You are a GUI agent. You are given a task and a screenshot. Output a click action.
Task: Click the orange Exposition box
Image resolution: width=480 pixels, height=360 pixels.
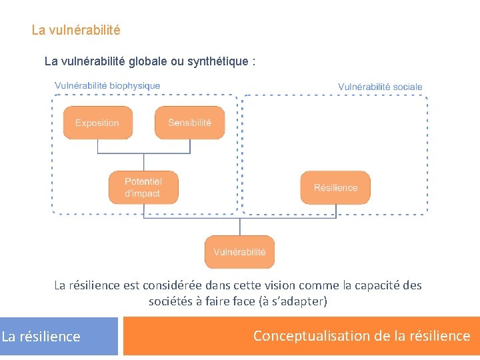(x=97, y=123)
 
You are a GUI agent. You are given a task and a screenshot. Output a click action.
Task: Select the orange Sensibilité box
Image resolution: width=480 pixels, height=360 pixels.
(x=189, y=123)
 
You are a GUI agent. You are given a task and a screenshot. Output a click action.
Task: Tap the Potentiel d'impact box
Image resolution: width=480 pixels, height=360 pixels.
(x=143, y=187)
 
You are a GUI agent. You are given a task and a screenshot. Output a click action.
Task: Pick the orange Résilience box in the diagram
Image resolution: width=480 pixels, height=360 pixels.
(x=335, y=187)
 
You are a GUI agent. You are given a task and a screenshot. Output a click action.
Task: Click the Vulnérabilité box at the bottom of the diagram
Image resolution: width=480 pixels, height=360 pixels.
(x=239, y=252)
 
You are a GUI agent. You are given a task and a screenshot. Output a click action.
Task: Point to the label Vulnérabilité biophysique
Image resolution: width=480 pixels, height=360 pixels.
(x=107, y=85)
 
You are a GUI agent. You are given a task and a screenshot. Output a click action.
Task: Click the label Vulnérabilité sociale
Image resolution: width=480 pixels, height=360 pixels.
(x=380, y=87)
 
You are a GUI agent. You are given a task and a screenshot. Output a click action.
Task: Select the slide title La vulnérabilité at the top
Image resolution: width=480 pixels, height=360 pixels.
(x=76, y=31)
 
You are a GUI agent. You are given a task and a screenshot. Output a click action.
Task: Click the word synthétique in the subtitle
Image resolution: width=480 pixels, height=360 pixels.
(x=216, y=61)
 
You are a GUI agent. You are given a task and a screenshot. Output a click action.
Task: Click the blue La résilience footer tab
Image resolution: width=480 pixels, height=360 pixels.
(x=41, y=337)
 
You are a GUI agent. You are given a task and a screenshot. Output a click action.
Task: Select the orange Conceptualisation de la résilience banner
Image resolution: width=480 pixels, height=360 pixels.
(x=301, y=336)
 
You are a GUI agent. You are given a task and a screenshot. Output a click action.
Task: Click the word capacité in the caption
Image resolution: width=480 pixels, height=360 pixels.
(x=379, y=285)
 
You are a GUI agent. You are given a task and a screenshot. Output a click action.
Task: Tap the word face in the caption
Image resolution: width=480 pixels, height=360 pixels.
(x=243, y=301)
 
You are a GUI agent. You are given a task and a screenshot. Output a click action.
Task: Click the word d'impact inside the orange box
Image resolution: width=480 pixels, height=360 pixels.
(x=142, y=194)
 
